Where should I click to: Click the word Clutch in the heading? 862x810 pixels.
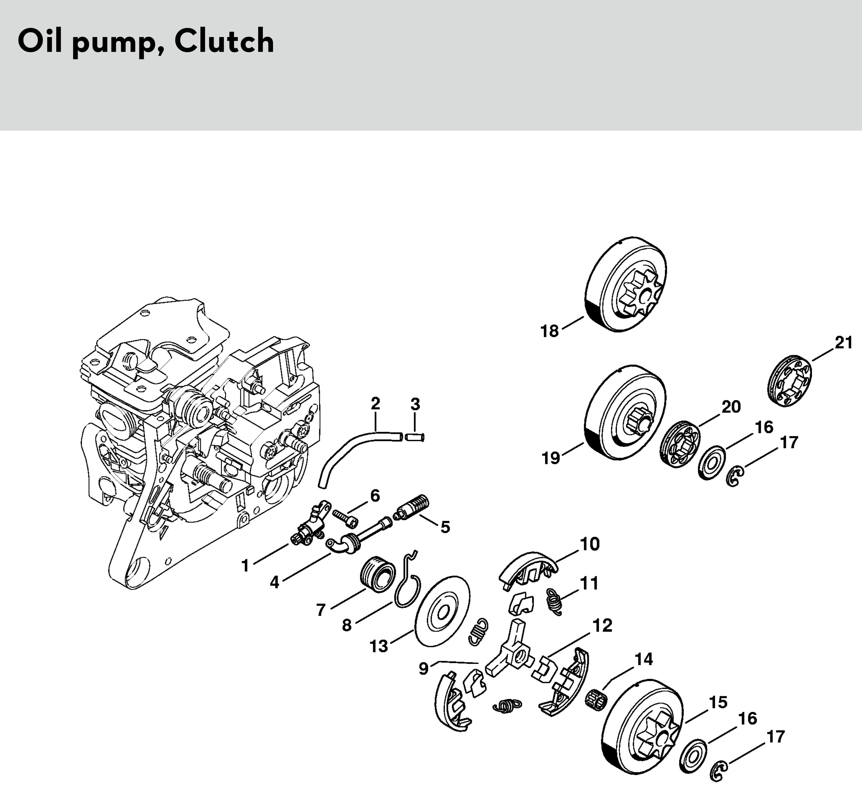tap(224, 42)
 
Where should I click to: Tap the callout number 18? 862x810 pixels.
tap(549, 331)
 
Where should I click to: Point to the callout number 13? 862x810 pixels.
tap(378, 646)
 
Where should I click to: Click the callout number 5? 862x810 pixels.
tap(445, 527)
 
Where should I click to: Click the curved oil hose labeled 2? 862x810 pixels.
tap(347, 451)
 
